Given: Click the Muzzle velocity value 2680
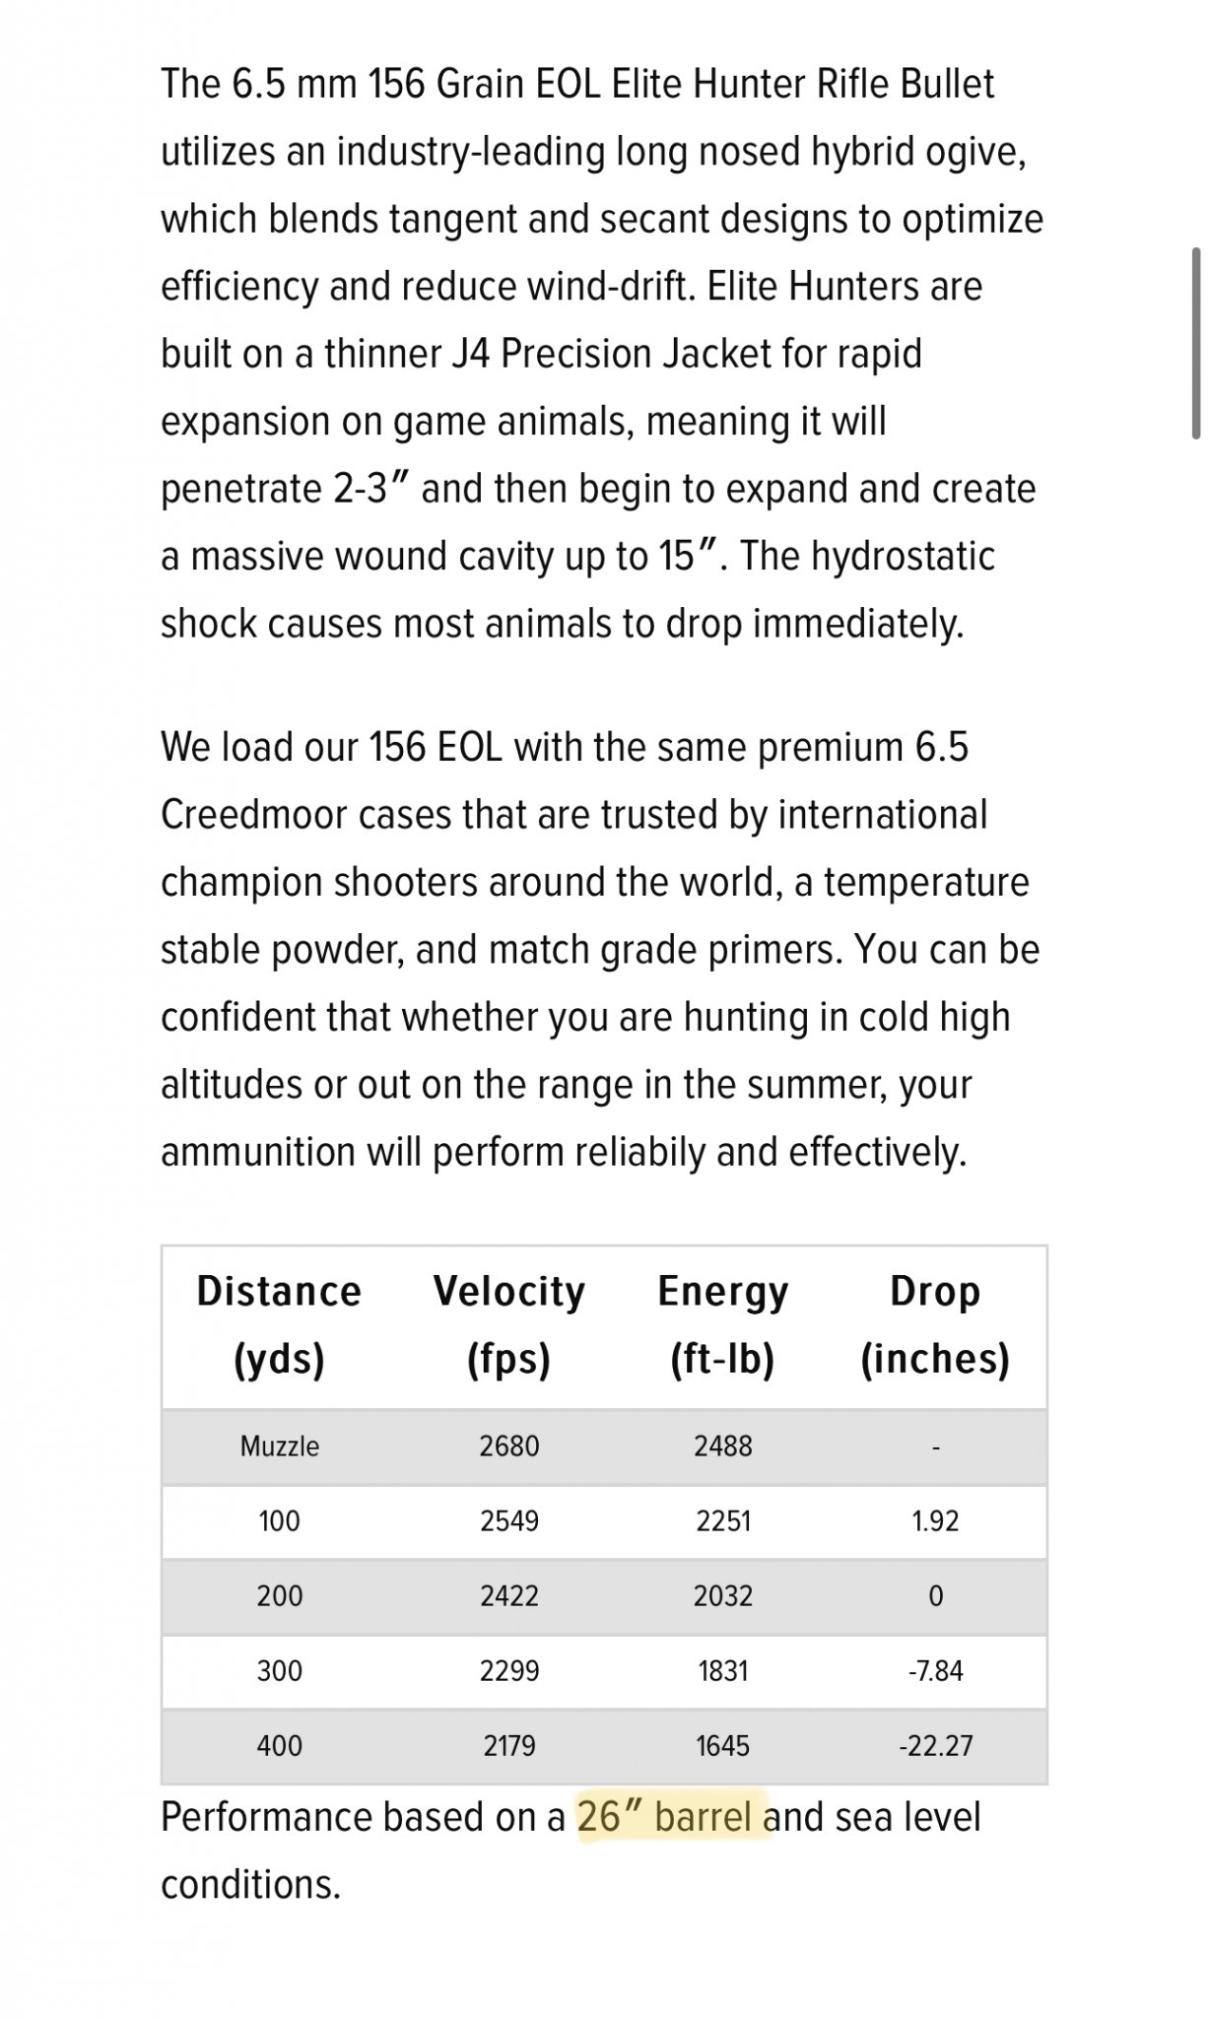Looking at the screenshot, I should point(509,1446).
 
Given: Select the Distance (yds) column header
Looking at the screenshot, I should point(279,1324).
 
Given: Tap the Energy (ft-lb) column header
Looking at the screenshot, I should point(722,1324).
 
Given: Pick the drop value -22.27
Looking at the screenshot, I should point(935,1745).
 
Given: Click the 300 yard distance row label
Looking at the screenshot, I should point(279,1670).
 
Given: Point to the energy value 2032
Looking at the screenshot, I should point(722,1595).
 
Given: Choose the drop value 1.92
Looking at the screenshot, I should point(935,1520).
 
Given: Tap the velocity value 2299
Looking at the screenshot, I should point(509,1670).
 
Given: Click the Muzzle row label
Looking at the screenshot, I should point(279,1446).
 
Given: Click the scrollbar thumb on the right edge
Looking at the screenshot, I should point(1196,342).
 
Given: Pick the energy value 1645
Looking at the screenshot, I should point(722,1745).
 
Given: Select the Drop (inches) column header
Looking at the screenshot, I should point(935,1324).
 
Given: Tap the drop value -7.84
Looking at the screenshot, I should point(935,1670).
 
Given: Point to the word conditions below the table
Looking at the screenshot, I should point(250,1884).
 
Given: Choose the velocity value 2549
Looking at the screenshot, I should point(509,1520).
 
